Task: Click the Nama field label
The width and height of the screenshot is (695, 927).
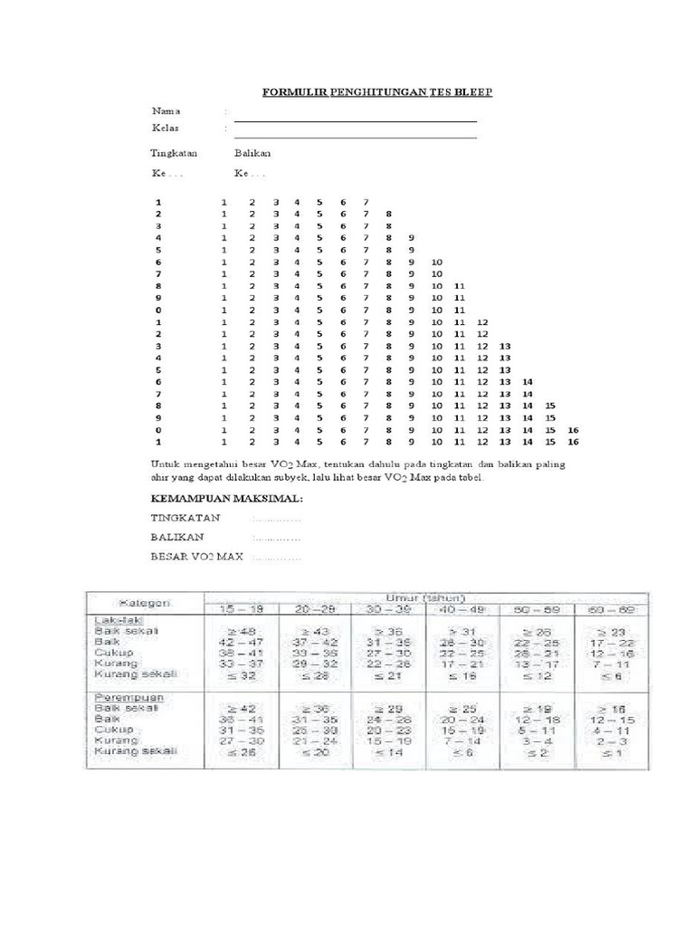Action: pyautogui.click(x=166, y=110)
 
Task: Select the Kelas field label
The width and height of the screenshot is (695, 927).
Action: pyautogui.click(x=167, y=128)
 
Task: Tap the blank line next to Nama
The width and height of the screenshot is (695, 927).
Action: pyautogui.click(x=355, y=120)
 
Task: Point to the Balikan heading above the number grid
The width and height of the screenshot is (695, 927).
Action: pyautogui.click(x=252, y=153)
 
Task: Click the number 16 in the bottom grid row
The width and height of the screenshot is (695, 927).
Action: pyautogui.click(x=572, y=443)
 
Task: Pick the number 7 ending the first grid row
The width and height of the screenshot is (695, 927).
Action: pyautogui.click(x=365, y=201)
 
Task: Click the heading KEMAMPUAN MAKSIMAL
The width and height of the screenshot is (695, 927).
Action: pyautogui.click(x=226, y=499)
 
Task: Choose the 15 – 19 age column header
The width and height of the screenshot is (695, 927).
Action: pyautogui.click(x=244, y=611)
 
